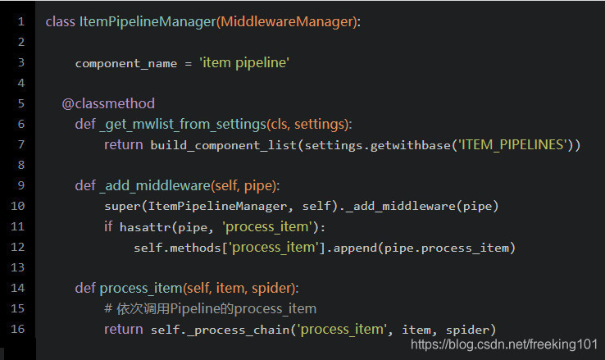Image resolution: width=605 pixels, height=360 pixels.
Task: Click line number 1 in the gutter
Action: coord(20,21)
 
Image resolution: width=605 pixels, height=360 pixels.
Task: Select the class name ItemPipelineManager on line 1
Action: coord(148,21)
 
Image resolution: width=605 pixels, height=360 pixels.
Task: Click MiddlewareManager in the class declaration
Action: coord(286,21)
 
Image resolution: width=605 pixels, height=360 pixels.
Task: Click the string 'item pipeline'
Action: coord(243,62)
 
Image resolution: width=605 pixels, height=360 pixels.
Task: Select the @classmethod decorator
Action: coord(108,103)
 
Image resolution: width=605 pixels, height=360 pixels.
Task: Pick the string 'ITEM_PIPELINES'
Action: coord(513,144)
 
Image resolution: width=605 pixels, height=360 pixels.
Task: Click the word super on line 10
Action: coord(121,206)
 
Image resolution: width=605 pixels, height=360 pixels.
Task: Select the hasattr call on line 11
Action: coord(144,226)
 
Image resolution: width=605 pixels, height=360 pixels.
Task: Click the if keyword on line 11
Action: coord(109,226)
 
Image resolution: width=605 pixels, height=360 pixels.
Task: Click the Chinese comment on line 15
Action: coord(210,308)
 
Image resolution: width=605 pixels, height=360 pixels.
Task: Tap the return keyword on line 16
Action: coord(124,329)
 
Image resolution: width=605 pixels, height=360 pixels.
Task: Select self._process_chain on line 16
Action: coord(221,329)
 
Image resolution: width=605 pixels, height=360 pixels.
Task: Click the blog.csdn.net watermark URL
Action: coord(503,345)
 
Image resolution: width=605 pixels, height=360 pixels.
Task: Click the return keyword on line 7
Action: coord(124,144)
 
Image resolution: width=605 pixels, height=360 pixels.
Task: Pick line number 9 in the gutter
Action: coord(20,185)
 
